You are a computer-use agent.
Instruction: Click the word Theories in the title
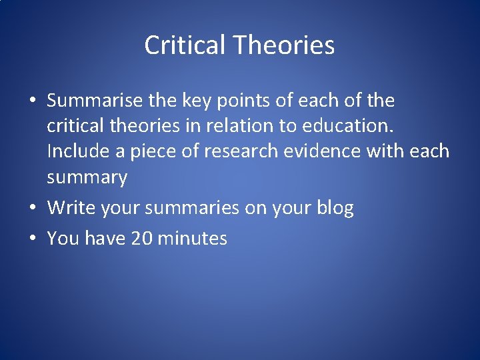pyautogui.click(x=284, y=45)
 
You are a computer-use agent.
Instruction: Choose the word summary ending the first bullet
pyautogui.click(x=87, y=177)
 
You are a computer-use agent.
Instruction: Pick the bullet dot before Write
pyautogui.click(x=32, y=209)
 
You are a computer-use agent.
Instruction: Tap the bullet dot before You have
pyautogui.click(x=32, y=239)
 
